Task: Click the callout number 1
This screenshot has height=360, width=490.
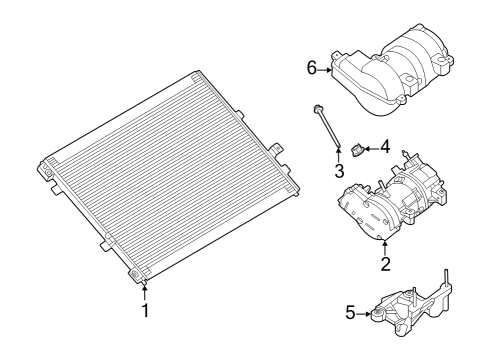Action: click(144, 311)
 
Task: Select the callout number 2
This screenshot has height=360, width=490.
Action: click(384, 264)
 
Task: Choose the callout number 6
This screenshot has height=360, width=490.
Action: click(312, 68)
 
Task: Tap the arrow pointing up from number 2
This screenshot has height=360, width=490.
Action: click(384, 249)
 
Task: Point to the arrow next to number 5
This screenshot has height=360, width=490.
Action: click(364, 314)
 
